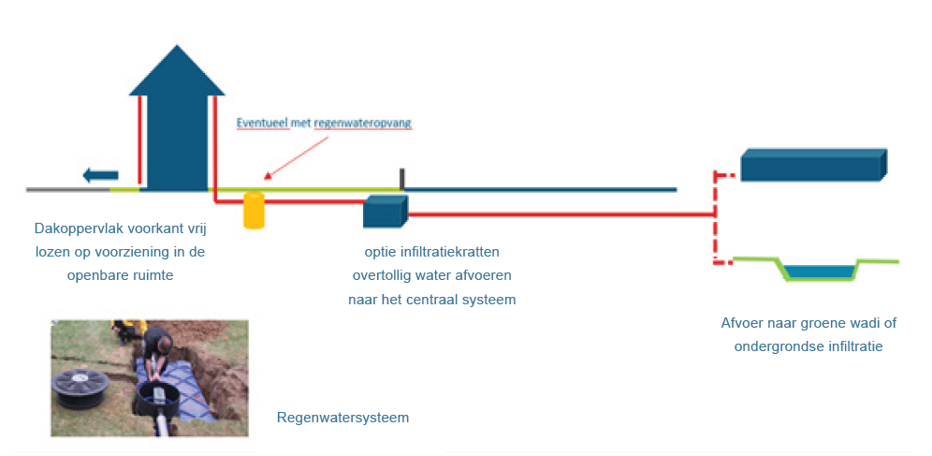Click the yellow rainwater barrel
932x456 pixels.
coord(254,210)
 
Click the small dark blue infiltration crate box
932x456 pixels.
coord(386,211)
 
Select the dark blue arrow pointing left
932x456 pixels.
coord(100,175)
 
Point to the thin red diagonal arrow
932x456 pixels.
coord(297,157)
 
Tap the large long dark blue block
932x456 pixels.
coord(814,164)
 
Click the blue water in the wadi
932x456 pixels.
coord(820,272)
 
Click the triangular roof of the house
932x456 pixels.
coord(177,70)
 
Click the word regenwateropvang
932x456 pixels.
coord(362,124)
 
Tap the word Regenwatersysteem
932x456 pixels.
coord(343,418)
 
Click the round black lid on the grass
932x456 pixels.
coord(80,387)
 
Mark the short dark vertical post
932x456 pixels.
coord(402,180)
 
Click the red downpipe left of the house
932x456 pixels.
coord(139,140)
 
